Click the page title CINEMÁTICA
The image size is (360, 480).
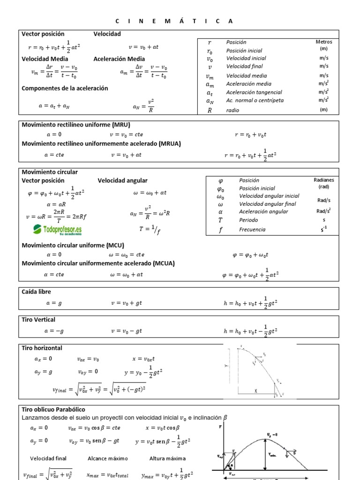pos(174,21)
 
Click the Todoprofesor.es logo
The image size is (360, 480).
pos(57,230)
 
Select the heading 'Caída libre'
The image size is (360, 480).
pos(37,292)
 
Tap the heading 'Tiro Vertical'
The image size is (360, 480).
pos(38,319)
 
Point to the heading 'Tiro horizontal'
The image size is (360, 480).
pos(42,348)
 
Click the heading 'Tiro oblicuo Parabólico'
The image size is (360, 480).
pos(53,409)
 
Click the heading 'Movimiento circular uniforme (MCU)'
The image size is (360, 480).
pos(73,245)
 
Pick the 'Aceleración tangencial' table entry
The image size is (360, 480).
pos(254,92)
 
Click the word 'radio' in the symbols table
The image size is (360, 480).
pos(232,110)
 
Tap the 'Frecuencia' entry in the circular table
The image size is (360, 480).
pos(252,229)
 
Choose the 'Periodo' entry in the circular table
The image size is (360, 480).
pos(248,219)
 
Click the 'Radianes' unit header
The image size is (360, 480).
pos(324,180)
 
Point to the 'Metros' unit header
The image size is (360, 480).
pos(324,42)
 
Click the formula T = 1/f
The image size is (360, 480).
pos(150,229)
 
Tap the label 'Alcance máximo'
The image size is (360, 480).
pos(107,458)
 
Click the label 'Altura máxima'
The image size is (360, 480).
pos(167,458)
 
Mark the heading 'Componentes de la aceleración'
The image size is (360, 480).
pos(65,88)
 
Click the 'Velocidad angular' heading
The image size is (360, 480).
pos(122,180)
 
